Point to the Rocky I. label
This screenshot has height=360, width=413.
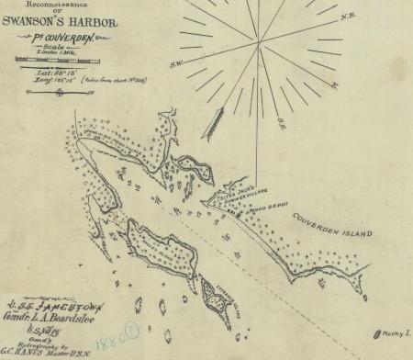[396, 332]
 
